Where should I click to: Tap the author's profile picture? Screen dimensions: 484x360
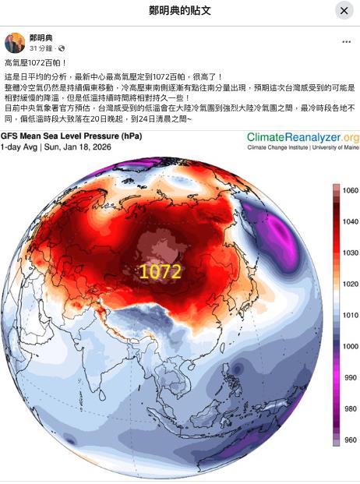click(x=14, y=43)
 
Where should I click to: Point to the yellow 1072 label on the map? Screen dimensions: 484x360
click(x=161, y=271)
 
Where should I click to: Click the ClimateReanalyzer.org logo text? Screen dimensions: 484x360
click(x=303, y=137)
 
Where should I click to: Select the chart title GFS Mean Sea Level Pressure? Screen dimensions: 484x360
click(x=72, y=136)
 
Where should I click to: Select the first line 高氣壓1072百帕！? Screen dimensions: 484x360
click(x=35, y=62)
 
